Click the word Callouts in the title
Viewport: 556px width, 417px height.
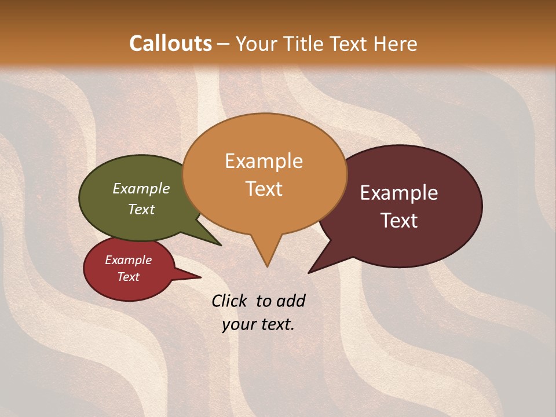[170, 43]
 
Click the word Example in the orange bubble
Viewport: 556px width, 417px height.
[264, 161]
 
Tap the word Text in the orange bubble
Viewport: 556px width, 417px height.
[264, 189]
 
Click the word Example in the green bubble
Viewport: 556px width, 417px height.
[141, 188]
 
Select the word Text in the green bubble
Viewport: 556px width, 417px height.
[141, 209]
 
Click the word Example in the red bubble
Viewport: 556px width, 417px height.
[128, 260]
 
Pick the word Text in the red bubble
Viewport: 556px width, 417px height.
[128, 277]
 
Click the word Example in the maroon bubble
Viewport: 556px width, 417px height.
[399, 193]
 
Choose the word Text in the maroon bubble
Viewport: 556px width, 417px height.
[400, 221]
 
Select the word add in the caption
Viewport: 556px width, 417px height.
[291, 301]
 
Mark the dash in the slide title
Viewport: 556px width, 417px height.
[223, 44]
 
